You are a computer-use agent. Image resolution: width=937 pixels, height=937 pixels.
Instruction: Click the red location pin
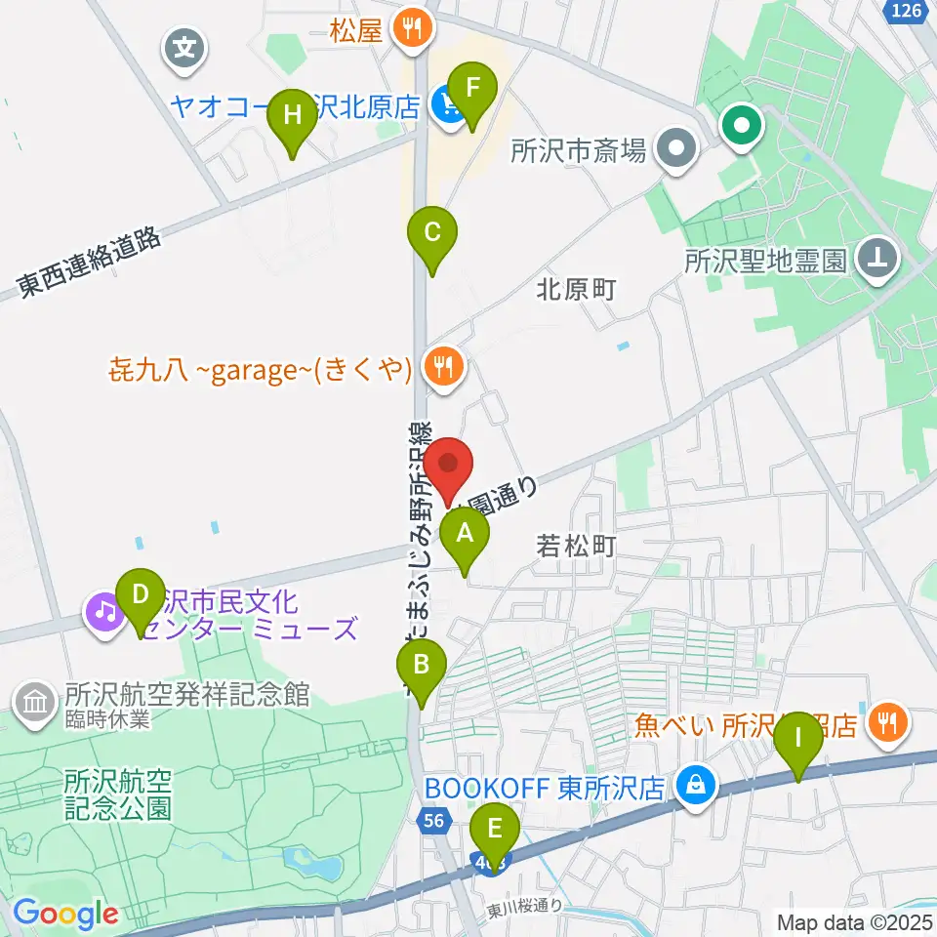coord(451,470)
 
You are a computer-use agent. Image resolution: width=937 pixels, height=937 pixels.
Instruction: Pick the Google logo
coord(64,914)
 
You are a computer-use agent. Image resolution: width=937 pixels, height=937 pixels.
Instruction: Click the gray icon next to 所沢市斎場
coord(674,149)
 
